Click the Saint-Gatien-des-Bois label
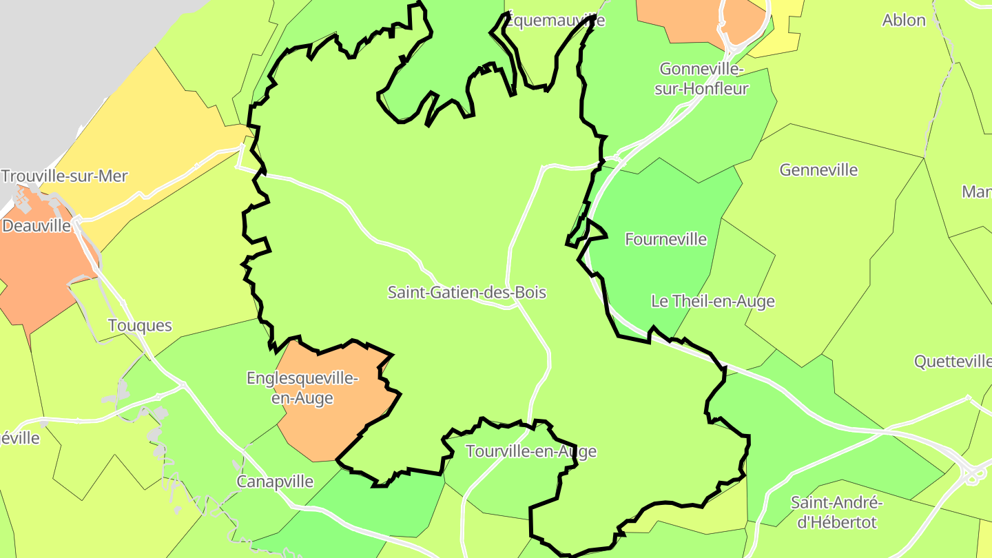click(x=466, y=293)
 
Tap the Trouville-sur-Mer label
click(x=64, y=176)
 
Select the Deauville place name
click(x=37, y=226)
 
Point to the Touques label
click(x=140, y=325)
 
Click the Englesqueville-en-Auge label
click(x=302, y=388)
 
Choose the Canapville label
click(x=275, y=482)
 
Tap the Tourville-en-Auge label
click(x=530, y=452)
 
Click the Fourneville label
click(x=665, y=239)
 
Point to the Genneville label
click(x=818, y=169)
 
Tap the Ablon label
click(x=904, y=21)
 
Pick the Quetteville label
click(x=953, y=362)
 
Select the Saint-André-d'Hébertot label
click(x=836, y=512)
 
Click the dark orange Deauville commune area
click(x=41, y=269)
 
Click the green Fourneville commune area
click(x=654, y=276)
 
